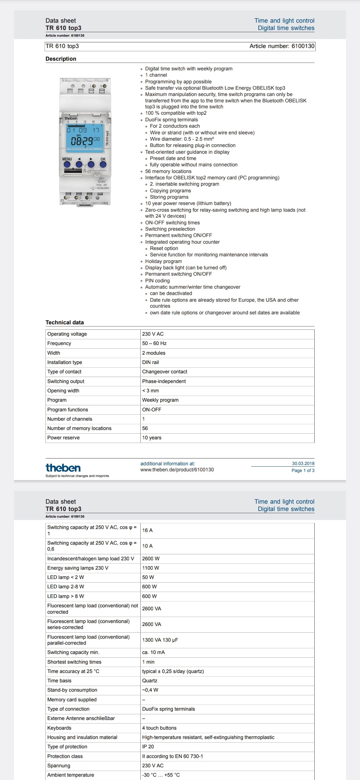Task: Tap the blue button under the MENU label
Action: click(67, 164)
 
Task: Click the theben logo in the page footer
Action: click(63, 468)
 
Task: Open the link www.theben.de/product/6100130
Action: click(177, 470)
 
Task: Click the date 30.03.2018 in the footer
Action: click(303, 463)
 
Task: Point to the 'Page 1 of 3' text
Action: click(303, 470)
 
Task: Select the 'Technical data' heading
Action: click(65, 322)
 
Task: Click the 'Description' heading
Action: click(61, 59)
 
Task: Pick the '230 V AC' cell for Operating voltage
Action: click(153, 334)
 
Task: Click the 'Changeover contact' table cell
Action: click(165, 372)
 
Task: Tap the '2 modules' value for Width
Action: click(154, 353)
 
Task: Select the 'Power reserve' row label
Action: click(63, 438)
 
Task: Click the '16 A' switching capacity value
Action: click(147, 530)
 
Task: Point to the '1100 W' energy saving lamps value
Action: click(150, 568)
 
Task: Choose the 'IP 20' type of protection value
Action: click(148, 747)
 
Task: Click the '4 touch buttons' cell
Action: click(159, 728)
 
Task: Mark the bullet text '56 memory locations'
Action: click(168, 171)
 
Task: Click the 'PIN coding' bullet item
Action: click(157, 281)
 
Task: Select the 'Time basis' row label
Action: click(59, 681)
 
